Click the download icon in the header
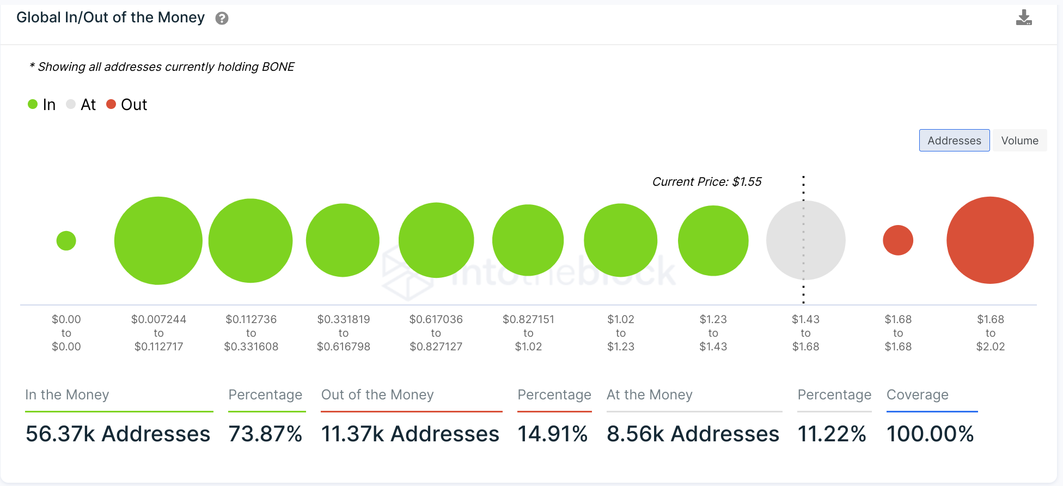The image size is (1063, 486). [1024, 18]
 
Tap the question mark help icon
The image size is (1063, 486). [222, 19]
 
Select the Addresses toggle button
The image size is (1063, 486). [954, 141]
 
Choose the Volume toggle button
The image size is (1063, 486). [1019, 141]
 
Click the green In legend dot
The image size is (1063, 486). [33, 104]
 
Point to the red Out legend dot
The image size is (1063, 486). [111, 104]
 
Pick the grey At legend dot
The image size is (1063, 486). [71, 104]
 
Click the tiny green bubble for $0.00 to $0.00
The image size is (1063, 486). [66, 240]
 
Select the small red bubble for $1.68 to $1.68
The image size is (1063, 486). [898, 240]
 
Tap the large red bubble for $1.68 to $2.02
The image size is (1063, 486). [990, 240]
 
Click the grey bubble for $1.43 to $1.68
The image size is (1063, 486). [806, 240]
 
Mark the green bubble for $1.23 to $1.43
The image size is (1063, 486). [713, 240]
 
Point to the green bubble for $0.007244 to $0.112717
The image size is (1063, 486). [158, 240]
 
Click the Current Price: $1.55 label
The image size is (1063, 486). [707, 182]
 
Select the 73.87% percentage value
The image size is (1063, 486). [265, 434]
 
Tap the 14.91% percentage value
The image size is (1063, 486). [553, 434]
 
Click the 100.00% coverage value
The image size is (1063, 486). [930, 434]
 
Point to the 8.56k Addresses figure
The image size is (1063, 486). [693, 434]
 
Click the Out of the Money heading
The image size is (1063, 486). [377, 394]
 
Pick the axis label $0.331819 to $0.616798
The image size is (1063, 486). [344, 333]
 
